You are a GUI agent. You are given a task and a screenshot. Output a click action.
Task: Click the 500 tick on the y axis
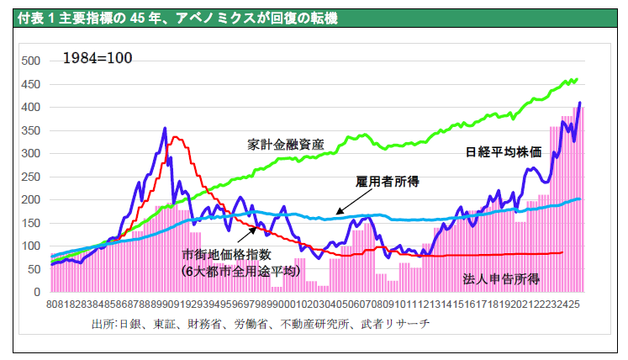[30, 61]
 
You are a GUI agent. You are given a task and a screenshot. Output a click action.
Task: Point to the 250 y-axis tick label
[30, 177]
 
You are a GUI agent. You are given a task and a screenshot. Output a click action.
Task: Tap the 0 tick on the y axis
[36, 293]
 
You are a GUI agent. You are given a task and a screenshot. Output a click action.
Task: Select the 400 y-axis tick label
[30, 108]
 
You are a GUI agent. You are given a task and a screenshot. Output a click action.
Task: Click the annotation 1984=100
[98, 59]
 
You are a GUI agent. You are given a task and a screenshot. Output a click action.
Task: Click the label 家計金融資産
[286, 144]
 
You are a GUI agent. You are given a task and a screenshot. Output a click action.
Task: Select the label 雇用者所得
[387, 182]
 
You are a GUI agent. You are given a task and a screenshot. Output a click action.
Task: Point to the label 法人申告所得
[501, 278]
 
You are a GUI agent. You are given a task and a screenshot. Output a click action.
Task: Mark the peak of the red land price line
[175, 137]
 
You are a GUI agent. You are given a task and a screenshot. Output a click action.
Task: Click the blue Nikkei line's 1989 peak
[165, 129]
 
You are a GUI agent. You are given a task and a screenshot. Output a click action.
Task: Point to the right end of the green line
[577, 80]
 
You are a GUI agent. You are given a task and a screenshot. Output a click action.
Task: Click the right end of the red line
[562, 252]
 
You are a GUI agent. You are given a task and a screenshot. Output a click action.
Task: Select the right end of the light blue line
[579, 199]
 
